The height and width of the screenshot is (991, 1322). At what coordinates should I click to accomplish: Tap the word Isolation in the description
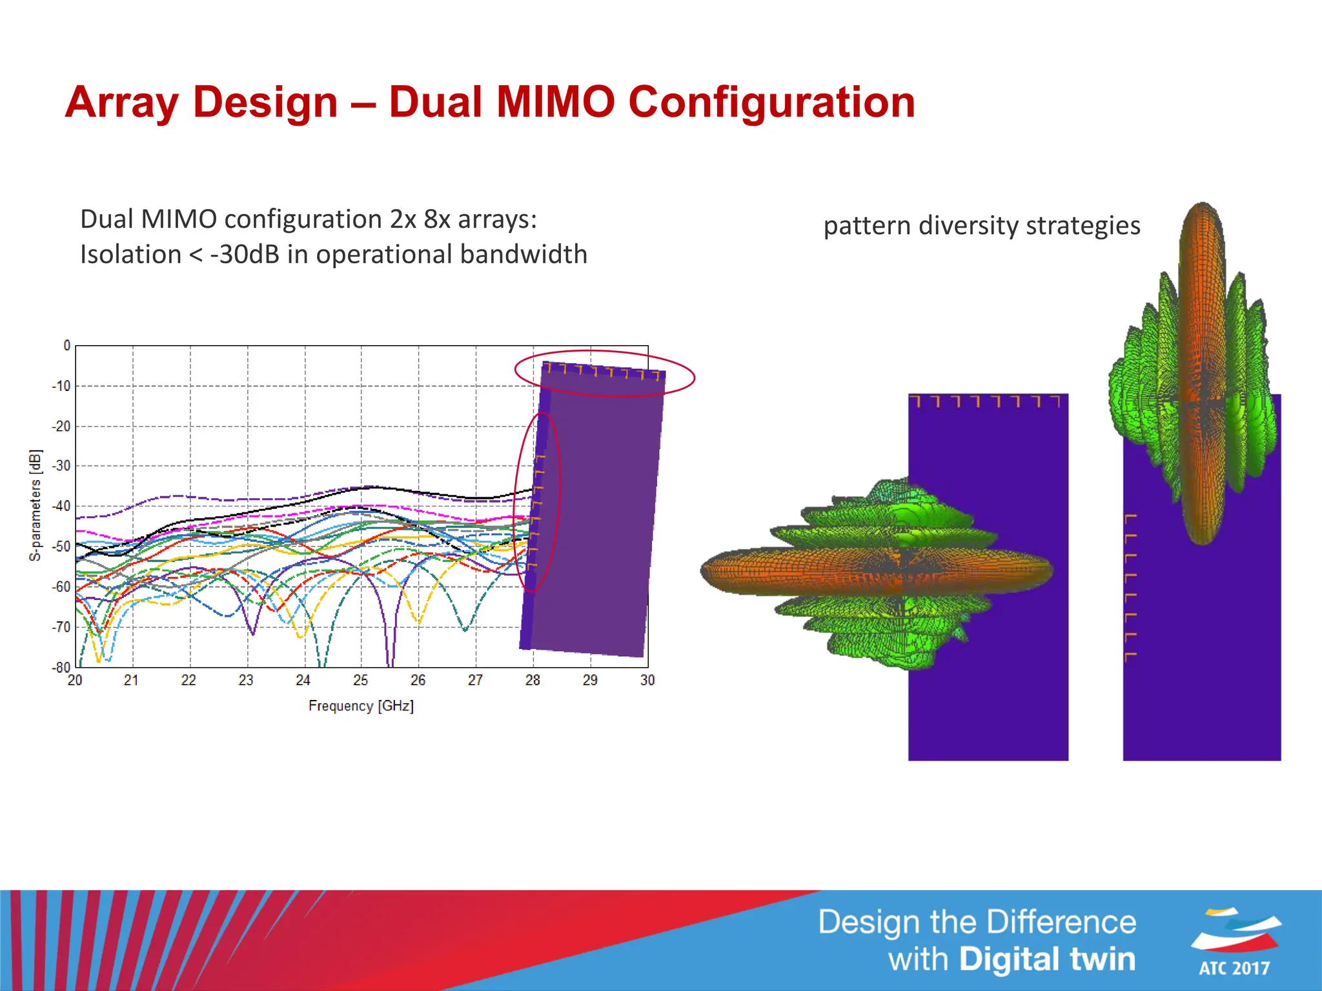pos(130,254)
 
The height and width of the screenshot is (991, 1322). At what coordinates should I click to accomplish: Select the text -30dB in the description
pos(245,254)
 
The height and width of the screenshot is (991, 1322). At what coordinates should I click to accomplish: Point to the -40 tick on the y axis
pos(61,506)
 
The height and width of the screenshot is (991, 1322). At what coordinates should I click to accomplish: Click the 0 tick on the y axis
pos(66,346)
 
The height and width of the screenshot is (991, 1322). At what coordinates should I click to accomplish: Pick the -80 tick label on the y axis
pos(61,666)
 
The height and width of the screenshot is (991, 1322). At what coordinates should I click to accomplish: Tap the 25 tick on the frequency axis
pos(360,680)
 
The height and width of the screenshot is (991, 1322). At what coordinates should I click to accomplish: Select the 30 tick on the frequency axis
pos(647,680)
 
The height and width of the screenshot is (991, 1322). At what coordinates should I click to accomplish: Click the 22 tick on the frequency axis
pos(188,680)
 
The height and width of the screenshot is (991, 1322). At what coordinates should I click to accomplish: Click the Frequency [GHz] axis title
pos(361,706)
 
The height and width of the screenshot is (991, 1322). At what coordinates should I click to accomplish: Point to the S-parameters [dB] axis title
pos(36,505)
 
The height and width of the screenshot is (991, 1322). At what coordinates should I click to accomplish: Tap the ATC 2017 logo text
pos(1234,968)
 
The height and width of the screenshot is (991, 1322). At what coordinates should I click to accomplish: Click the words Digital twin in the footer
pos(1046,959)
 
